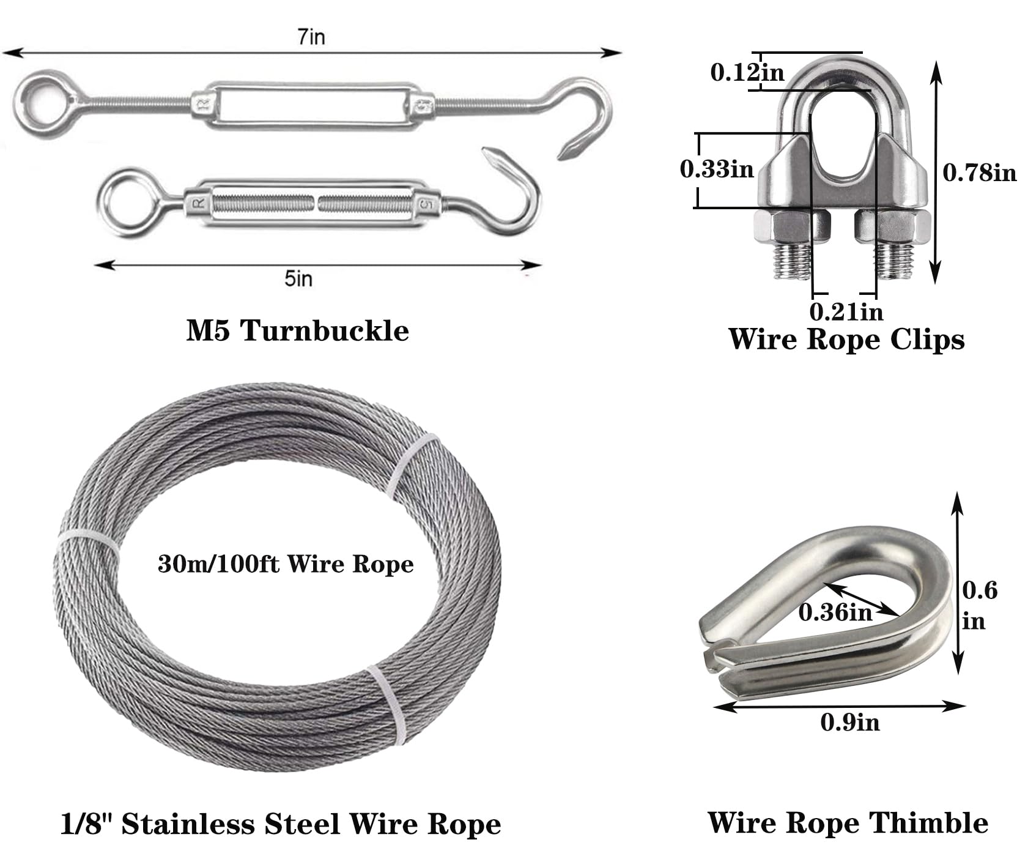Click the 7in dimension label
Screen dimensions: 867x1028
click(311, 37)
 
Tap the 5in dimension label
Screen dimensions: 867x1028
click(298, 278)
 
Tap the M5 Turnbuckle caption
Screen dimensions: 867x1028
click(298, 330)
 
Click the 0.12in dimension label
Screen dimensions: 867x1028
click(747, 72)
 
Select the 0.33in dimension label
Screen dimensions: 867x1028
click(717, 169)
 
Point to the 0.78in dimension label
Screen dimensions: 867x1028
click(979, 173)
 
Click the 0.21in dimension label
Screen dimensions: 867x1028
click(846, 311)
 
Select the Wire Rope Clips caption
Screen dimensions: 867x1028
click(846, 339)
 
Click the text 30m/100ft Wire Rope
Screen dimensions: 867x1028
click(286, 564)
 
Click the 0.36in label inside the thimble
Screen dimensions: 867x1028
click(835, 611)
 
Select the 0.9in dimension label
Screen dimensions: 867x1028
click(850, 723)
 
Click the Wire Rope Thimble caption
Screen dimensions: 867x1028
click(848, 822)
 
